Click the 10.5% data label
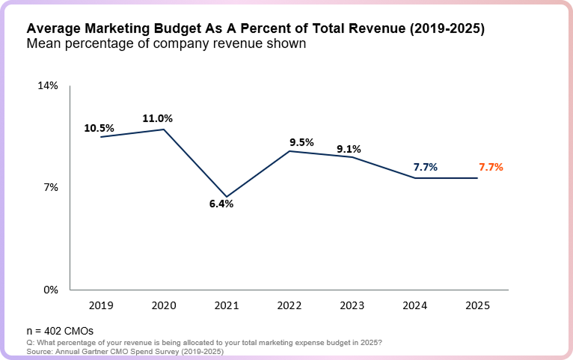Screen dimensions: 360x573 tap(99, 128)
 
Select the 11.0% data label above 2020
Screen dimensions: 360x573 tap(158, 118)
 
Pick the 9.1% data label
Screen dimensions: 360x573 tap(349, 149)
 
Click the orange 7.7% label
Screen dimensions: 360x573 tap(491, 168)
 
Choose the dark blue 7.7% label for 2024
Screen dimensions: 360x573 tap(425, 168)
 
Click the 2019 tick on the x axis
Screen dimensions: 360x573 tap(101, 305)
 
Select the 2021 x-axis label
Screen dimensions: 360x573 tap(227, 305)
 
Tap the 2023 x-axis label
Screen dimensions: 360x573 tap(352, 305)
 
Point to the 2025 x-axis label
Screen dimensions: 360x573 tap(478, 305)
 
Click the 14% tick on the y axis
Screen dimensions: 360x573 tap(48, 86)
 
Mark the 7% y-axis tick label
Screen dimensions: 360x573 tap(50, 188)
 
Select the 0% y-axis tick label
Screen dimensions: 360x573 tap(50, 290)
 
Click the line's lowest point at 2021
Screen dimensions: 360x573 tap(227, 196)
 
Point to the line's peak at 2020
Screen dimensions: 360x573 tap(164, 129)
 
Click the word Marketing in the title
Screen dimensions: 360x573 tap(111, 28)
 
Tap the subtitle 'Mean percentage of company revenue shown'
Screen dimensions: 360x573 tap(166, 44)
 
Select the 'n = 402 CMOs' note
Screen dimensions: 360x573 tap(60, 330)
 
